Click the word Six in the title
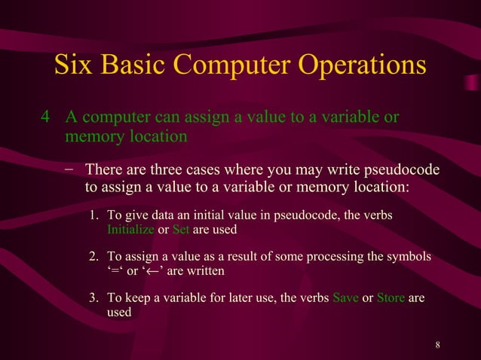point(73,66)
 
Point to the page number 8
point(438,346)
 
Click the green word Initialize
point(131,230)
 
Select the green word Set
point(180,230)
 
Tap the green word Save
point(345,298)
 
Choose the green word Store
point(391,298)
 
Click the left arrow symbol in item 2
point(155,271)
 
